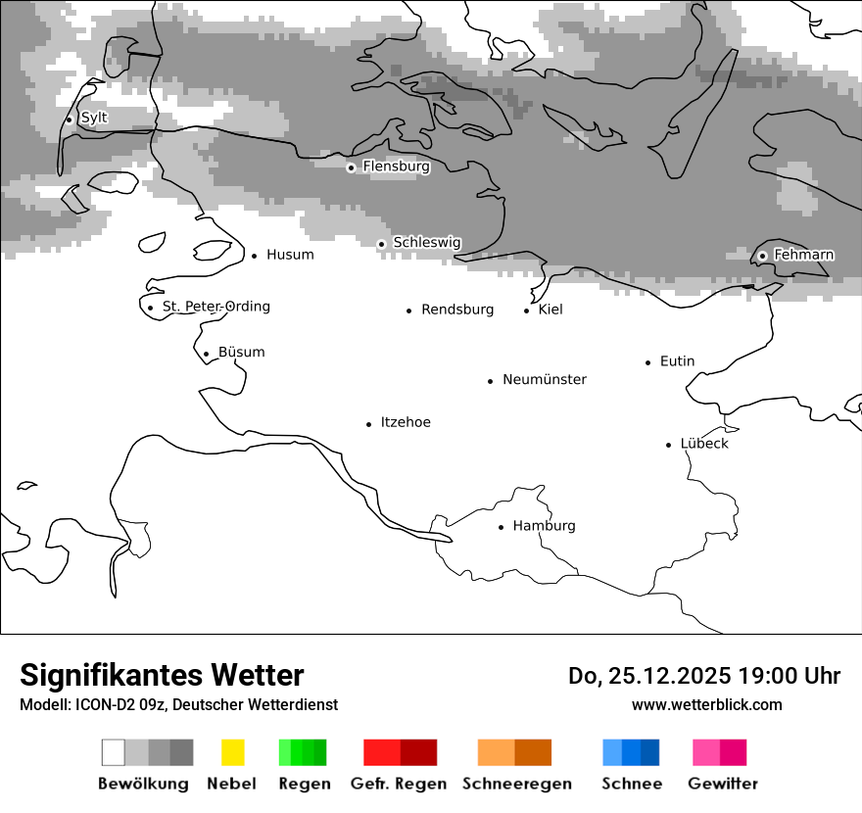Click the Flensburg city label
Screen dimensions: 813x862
click(396, 167)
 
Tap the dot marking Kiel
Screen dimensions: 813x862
click(527, 311)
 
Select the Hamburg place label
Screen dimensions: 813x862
click(544, 526)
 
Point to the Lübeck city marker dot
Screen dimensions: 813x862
click(669, 445)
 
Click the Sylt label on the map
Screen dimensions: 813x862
click(94, 118)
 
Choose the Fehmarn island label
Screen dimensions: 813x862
click(803, 255)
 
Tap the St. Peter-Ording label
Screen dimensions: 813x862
click(215, 307)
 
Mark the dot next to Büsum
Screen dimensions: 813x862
click(206, 355)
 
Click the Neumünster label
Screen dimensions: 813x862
click(545, 379)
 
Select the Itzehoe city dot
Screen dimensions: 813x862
click(369, 424)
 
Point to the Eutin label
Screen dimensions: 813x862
click(677, 361)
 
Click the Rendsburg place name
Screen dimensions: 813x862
click(457, 310)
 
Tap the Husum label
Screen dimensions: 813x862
click(290, 255)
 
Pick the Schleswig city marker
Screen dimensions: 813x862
click(382, 244)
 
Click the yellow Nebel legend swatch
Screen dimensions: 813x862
click(232, 752)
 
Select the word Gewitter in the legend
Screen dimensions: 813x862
click(723, 784)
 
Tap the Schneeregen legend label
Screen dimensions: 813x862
click(517, 784)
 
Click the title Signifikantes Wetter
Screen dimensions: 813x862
click(162, 675)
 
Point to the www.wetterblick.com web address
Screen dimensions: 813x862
click(706, 704)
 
